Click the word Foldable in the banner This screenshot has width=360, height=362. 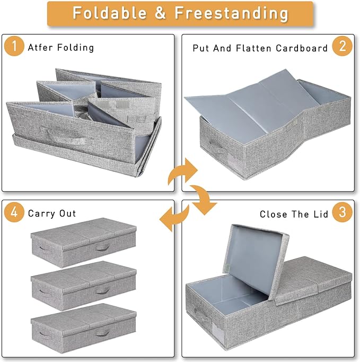(110, 13)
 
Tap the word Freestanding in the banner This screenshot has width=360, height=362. (231, 13)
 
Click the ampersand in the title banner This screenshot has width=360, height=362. (160, 13)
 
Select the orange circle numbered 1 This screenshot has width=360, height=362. (14, 46)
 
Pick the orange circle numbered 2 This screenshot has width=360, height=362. (343, 46)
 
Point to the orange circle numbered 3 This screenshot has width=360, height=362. (343, 212)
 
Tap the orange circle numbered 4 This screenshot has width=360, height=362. (14, 212)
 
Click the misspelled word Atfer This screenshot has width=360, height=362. (40, 48)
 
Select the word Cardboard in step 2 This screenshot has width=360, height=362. (302, 48)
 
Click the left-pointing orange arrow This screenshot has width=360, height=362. (174, 217)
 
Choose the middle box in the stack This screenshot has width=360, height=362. (83, 286)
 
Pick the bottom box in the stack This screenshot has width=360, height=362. (83, 328)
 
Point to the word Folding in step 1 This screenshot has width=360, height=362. (76, 48)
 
